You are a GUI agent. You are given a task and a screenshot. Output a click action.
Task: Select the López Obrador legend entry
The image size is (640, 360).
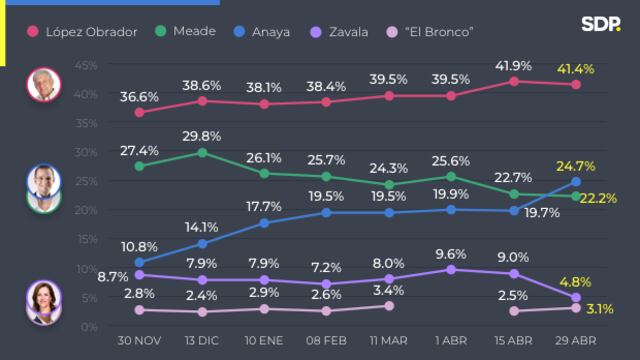84,32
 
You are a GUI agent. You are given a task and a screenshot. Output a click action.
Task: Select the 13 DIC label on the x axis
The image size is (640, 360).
201,342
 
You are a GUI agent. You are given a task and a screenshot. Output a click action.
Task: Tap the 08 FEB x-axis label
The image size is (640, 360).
326,342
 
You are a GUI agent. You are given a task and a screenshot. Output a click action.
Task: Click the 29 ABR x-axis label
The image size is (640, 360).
575,342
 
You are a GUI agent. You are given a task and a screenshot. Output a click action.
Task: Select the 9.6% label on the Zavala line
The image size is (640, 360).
450,254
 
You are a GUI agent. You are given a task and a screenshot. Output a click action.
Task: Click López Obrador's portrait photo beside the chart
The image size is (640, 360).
43,85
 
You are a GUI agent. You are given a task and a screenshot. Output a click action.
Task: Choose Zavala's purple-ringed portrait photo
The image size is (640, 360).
43,304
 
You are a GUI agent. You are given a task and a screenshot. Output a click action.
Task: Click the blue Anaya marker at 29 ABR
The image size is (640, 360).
575,182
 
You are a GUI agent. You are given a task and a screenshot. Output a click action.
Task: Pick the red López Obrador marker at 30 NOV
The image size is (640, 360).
139,112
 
